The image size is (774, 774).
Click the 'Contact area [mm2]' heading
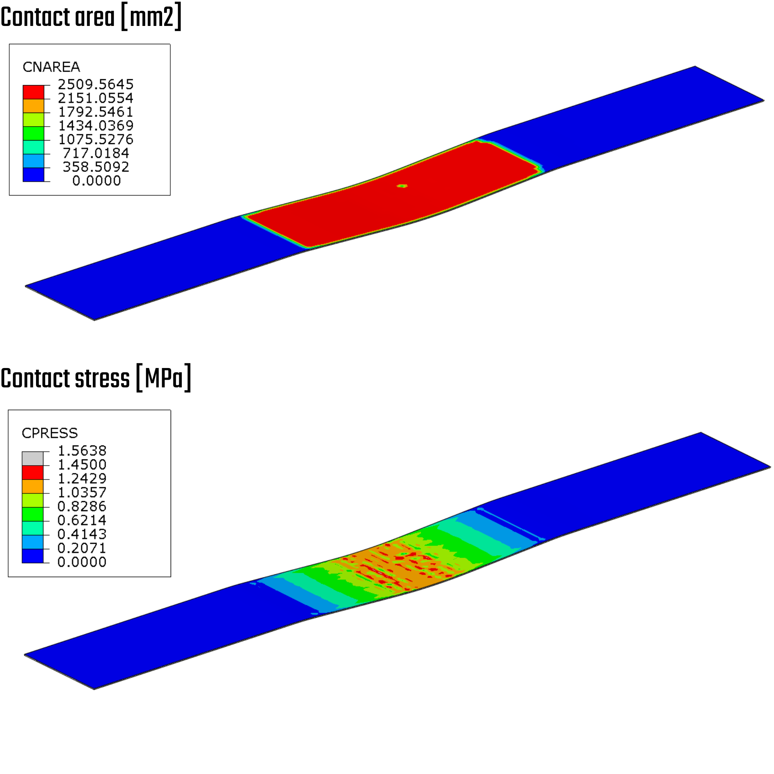91,17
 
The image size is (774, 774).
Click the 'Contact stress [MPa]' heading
96,378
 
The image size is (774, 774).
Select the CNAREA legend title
51,67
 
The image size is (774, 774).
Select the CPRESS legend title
50,433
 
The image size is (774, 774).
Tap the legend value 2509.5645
96,84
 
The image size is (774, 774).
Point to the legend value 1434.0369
96,126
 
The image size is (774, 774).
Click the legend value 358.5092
96,167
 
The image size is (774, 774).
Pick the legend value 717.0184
96,153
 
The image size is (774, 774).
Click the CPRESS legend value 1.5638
82,451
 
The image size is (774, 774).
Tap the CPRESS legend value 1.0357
82,492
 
